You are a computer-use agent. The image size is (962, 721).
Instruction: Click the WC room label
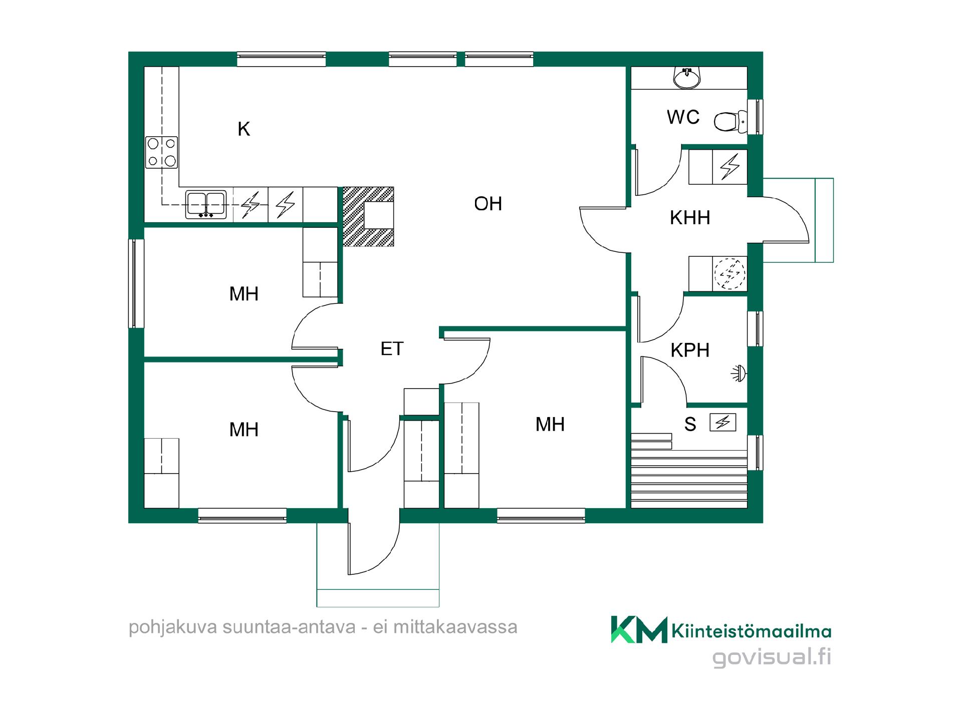click(683, 117)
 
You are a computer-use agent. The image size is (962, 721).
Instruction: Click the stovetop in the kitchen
click(161, 152)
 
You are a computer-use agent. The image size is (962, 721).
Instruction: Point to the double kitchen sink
click(206, 204)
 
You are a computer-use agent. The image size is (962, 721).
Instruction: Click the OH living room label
click(488, 204)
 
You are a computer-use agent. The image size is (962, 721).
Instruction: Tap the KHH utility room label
click(690, 218)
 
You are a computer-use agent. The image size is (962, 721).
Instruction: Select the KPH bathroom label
click(690, 350)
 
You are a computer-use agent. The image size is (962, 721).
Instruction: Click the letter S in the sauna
click(690, 425)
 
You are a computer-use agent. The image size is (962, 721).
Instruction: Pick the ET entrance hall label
click(392, 349)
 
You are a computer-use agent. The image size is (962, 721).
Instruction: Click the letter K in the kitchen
click(244, 129)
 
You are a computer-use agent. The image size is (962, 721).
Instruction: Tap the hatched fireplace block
click(368, 216)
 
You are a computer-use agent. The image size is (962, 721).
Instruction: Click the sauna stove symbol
click(723, 423)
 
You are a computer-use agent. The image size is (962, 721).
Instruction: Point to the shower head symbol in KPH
click(739, 374)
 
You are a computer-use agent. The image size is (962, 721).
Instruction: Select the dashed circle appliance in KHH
click(730, 273)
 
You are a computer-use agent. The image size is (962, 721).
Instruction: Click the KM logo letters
click(639, 629)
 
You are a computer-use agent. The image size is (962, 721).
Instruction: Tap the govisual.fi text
click(772, 657)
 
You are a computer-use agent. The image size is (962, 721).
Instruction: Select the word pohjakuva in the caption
click(174, 627)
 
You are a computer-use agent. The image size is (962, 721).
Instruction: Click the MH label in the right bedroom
click(550, 425)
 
